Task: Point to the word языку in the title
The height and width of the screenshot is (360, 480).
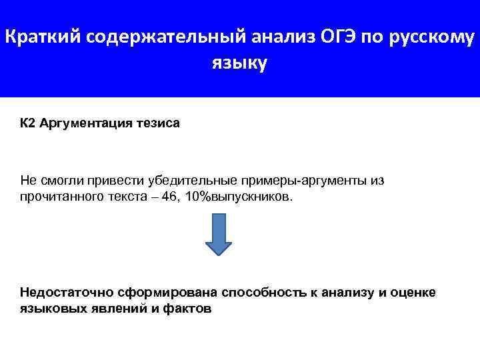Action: click(239, 64)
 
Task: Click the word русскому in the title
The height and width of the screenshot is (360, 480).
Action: click(433, 38)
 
